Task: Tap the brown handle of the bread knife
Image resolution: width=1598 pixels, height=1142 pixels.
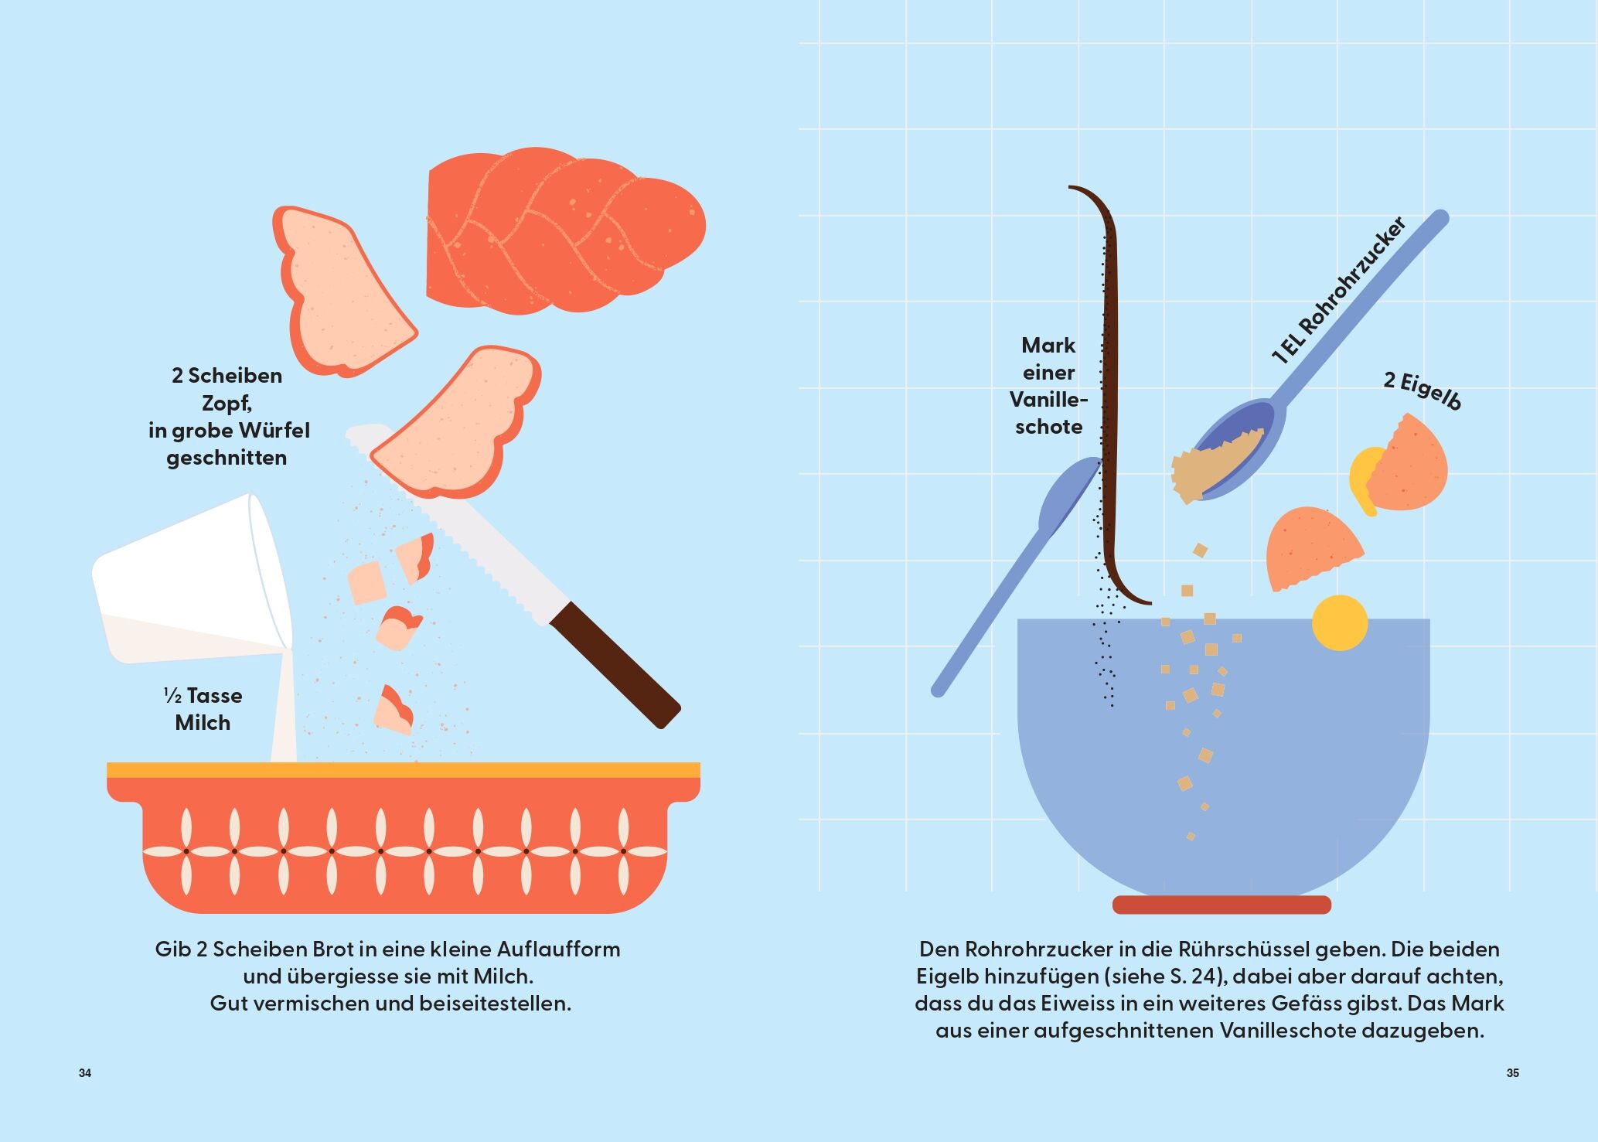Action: tap(615, 665)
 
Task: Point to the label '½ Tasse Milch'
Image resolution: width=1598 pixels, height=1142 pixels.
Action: tap(203, 709)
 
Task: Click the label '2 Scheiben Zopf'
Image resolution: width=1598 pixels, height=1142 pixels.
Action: tap(227, 389)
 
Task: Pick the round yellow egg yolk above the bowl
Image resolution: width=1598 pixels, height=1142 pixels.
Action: tap(1340, 622)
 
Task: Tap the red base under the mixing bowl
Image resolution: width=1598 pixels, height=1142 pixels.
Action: tap(1221, 905)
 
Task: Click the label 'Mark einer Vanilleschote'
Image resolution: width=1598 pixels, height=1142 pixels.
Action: tap(1048, 386)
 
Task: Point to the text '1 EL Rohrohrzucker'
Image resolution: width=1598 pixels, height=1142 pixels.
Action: tap(1338, 290)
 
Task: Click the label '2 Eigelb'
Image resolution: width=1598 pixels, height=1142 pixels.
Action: tap(1423, 390)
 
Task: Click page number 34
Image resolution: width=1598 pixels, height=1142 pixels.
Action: tap(85, 1073)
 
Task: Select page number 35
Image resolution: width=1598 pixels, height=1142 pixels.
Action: tap(1513, 1073)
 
